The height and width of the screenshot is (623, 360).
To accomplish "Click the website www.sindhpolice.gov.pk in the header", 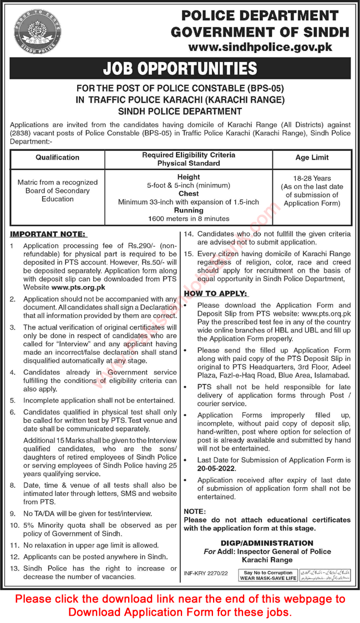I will (x=261, y=47).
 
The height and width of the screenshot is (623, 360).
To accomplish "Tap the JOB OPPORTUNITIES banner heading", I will (x=180, y=69).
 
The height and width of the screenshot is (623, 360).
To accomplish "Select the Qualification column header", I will (x=57, y=157).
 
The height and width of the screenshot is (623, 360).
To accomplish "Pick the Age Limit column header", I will (x=312, y=157).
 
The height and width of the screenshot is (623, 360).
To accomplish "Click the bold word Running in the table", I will (x=188, y=211).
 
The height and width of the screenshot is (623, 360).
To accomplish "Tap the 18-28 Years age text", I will (x=312, y=178).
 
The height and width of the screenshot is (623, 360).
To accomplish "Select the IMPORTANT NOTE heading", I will (x=48, y=234).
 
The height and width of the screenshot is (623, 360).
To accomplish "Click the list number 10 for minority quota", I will (x=14, y=524).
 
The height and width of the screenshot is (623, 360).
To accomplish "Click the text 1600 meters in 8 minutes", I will (x=188, y=219).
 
